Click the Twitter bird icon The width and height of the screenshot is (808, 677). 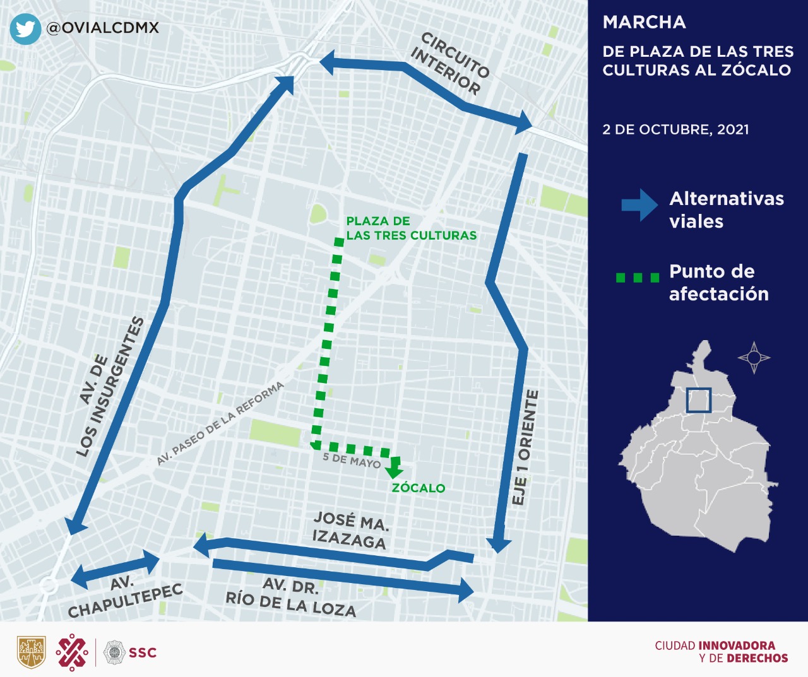(25, 29)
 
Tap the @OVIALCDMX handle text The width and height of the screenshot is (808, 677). (102, 28)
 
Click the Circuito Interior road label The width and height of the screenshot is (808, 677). (450, 64)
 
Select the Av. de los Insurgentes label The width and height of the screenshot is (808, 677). (110, 386)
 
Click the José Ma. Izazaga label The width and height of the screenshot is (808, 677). (350, 531)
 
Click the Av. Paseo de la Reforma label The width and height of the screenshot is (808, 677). (220, 423)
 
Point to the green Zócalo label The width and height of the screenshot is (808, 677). (418, 488)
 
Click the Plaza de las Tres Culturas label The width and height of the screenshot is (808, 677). (411, 228)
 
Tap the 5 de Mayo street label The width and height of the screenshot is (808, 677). (352, 461)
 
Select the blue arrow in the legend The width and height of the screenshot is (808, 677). (639, 205)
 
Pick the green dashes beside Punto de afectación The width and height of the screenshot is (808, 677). (638, 278)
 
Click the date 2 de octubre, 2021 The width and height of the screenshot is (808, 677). (675, 129)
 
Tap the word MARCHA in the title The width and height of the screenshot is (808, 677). (644, 22)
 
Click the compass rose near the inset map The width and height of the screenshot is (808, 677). (754, 358)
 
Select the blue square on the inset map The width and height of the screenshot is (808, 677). (699, 400)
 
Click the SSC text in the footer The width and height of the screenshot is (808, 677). (143, 652)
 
